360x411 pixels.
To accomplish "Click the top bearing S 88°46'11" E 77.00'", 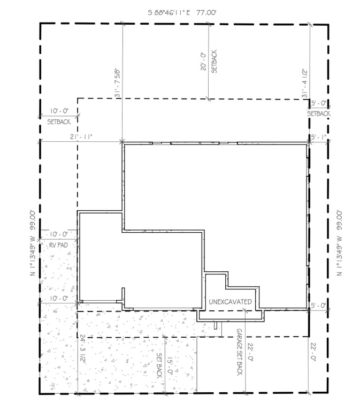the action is click(x=182, y=13).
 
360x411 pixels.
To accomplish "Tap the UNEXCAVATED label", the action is click(x=230, y=302).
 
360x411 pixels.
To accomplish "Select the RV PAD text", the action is click(x=58, y=245).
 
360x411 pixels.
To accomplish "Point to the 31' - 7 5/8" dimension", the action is click(x=117, y=83).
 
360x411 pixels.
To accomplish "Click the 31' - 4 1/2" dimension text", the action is click(x=305, y=83).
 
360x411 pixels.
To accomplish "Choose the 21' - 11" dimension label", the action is click(x=81, y=137).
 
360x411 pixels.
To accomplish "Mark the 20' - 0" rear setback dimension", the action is click(x=203, y=62).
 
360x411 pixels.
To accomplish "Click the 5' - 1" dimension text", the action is click(x=319, y=137).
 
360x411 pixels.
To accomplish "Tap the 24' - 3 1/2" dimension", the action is click(x=83, y=348).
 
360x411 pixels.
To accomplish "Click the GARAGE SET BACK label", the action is click(x=240, y=352).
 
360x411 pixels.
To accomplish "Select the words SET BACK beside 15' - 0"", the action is click(x=159, y=366).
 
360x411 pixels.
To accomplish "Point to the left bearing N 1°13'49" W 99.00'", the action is click(x=33, y=243).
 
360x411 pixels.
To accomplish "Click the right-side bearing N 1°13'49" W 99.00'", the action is click(x=339, y=243).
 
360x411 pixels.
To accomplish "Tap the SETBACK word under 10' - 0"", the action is click(x=59, y=121).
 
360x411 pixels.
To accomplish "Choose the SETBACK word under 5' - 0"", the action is click(x=319, y=113).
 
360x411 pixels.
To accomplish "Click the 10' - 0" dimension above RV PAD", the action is click(x=59, y=234).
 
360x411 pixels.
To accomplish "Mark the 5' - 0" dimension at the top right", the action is click(x=319, y=103).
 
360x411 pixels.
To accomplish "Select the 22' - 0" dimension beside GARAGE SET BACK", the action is click(x=250, y=352).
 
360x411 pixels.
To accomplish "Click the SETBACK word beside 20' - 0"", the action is click(x=214, y=62).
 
